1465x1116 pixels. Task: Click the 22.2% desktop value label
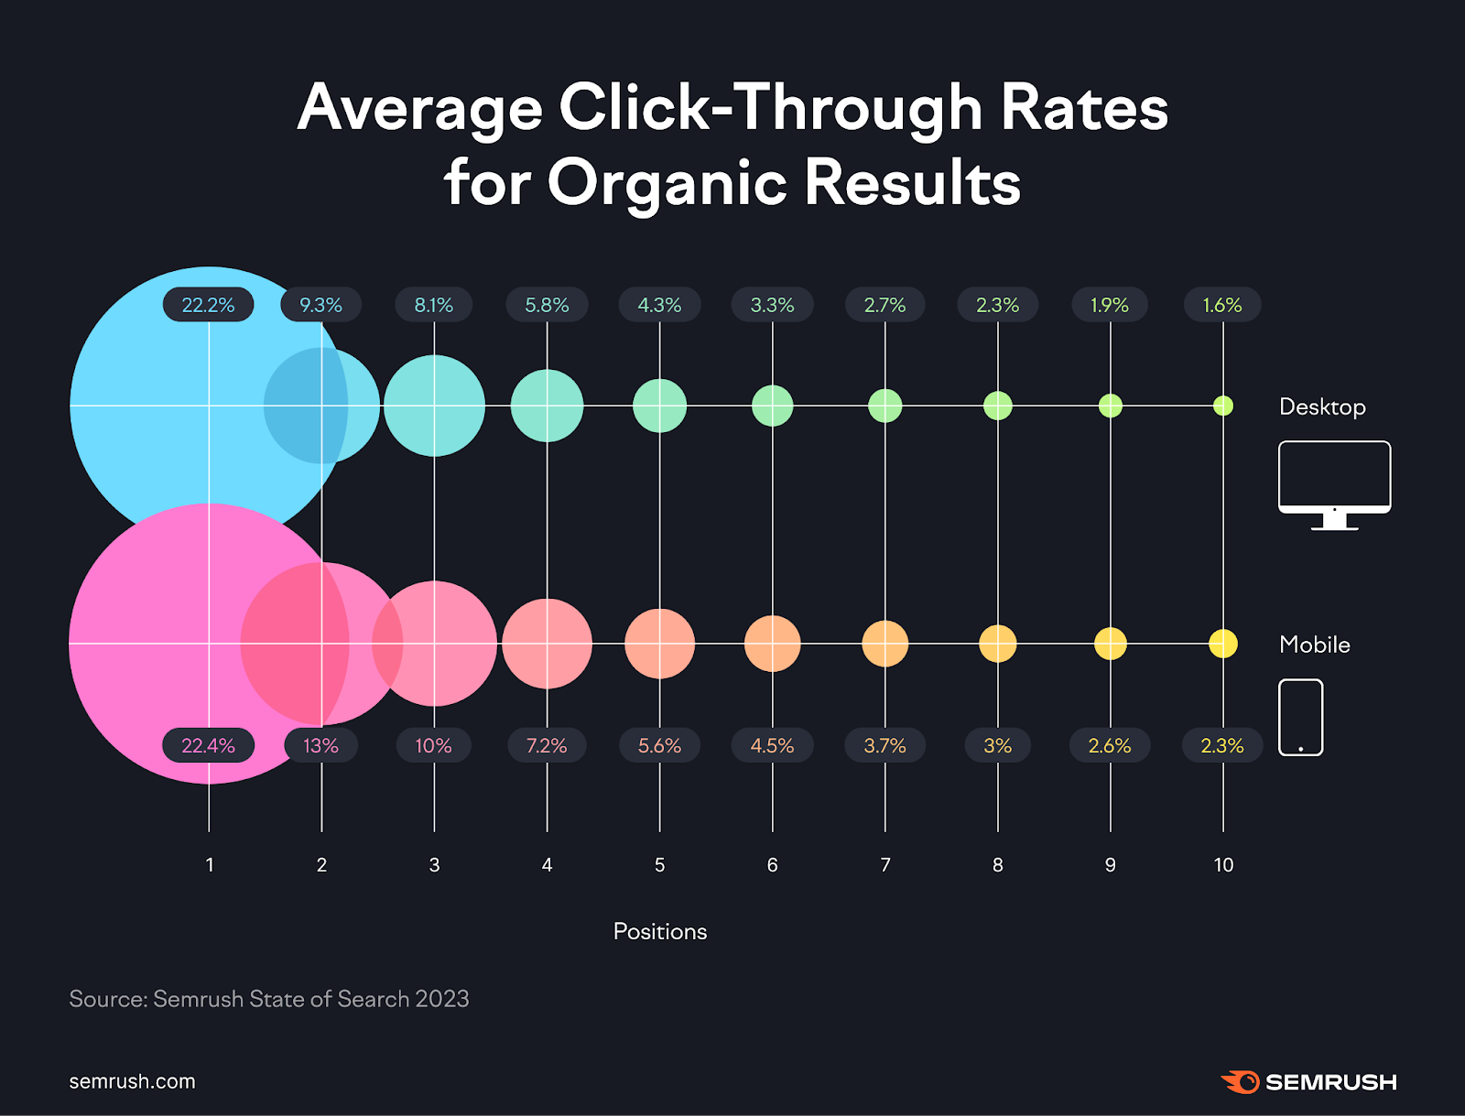coord(209,305)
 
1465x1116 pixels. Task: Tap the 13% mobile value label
coord(320,746)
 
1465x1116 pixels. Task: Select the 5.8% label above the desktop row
coord(547,305)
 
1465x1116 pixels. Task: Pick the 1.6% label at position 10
coord(1222,305)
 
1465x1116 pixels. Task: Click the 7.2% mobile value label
coord(547,746)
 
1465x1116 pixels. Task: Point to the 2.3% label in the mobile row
coord(1222,746)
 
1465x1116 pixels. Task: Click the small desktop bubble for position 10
coord(1223,406)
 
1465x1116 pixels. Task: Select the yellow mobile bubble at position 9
coord(1111,644)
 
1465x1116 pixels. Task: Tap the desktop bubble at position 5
coord(659,406)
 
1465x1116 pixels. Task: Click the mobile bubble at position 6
coord(773,644)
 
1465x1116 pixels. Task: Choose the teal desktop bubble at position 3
coord(434,406)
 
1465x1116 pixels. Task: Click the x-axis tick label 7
coord(885,865)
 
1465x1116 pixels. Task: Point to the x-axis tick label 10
coord(1223,865)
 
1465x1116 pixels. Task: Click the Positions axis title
coord(660,932)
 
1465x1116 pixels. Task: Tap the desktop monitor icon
coord(1334,484)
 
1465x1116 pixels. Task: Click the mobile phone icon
coord(1301,717)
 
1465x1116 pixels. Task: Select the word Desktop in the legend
coord(1322,406)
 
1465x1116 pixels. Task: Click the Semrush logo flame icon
coord(1242,1081)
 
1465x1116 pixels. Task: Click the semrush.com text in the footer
coord(133,1081)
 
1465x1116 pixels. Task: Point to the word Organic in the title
coord(667,182)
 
